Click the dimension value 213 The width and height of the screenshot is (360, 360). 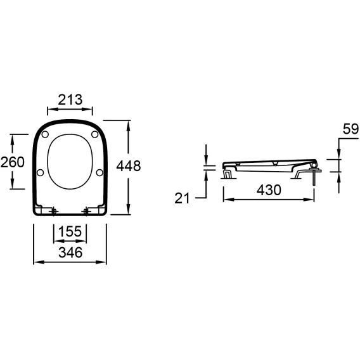(70, 100)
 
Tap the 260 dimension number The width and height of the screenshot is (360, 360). (13, 162)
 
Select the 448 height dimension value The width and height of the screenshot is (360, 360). (128, 166)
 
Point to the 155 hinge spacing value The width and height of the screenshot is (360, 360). (70, 231)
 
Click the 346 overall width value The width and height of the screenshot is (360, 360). (70, 252)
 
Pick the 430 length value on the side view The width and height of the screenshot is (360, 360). (269, 190)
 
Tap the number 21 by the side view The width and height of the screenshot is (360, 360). (182, 198)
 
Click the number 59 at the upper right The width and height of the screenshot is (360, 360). (350, 129)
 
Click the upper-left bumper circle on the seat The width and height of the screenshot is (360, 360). (45, 134)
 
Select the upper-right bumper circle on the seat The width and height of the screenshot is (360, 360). (95, 134)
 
